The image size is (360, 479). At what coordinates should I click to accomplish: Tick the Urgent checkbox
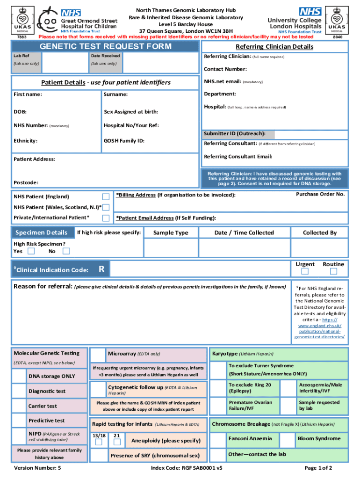[x=305, y=271]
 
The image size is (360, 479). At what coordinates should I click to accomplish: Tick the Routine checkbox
[x=333, y=271]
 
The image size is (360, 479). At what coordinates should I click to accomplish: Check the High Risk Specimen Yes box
[x=31, y=251]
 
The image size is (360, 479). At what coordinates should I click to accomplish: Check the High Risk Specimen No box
[x=66, y=251]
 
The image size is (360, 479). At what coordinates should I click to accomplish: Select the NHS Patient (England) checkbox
[x=106, y=196]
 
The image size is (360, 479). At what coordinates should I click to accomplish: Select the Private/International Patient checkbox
[x=106, y=218]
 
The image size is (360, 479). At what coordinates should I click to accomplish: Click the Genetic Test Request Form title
[x=105, y=46]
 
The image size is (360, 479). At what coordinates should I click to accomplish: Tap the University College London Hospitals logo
[x=295, y=20]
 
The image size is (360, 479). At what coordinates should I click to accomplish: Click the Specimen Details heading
[x=42, y=233]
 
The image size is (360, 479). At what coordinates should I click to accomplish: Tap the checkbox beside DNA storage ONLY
[x=19, y=376]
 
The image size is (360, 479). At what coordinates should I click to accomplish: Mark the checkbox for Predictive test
[x=19, y=421]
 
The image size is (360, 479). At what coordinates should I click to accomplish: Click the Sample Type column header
[x=171, y=232]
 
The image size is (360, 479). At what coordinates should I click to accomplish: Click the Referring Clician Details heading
[x=274, y=46]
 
